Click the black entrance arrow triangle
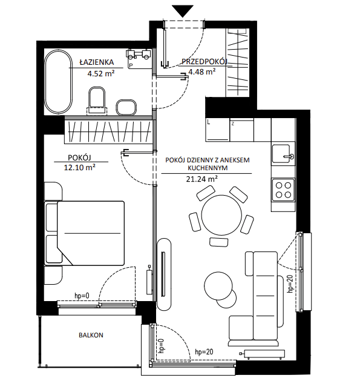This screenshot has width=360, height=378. click(x=183, y=11)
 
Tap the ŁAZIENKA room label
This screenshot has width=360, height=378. click(x=97, y=62)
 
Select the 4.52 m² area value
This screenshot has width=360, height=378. click(x=101, y=73)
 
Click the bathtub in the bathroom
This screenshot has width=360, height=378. click(x=59, y=82)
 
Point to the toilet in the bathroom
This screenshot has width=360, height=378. click(x=97, y=100)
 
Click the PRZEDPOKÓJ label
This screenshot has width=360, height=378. click(x=205, y=61)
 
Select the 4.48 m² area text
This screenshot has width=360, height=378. click(x=202, y=71)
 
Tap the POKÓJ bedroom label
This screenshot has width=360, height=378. click(x=79, y=157)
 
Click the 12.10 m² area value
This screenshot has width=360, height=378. click(x=79, y=167)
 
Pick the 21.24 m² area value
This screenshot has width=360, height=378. click(x=202, y=179)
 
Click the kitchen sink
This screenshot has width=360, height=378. click(x=283, y=154)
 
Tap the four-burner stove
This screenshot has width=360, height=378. click(x=283, y=190)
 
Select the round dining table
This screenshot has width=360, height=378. click(x=221, y=215)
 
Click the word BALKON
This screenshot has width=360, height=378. click(x=91, y=335)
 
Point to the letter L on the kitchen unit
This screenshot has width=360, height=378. click(x=209, y=122)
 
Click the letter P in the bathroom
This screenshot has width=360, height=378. click(x=131, y=65)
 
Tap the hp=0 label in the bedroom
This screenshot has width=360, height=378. click(x=82, y=296)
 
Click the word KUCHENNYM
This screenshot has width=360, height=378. click(x=208, y=168)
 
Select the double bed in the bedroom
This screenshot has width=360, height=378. click(x=84, y=233)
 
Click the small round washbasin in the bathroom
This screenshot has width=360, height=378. click(x=126, y=107)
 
